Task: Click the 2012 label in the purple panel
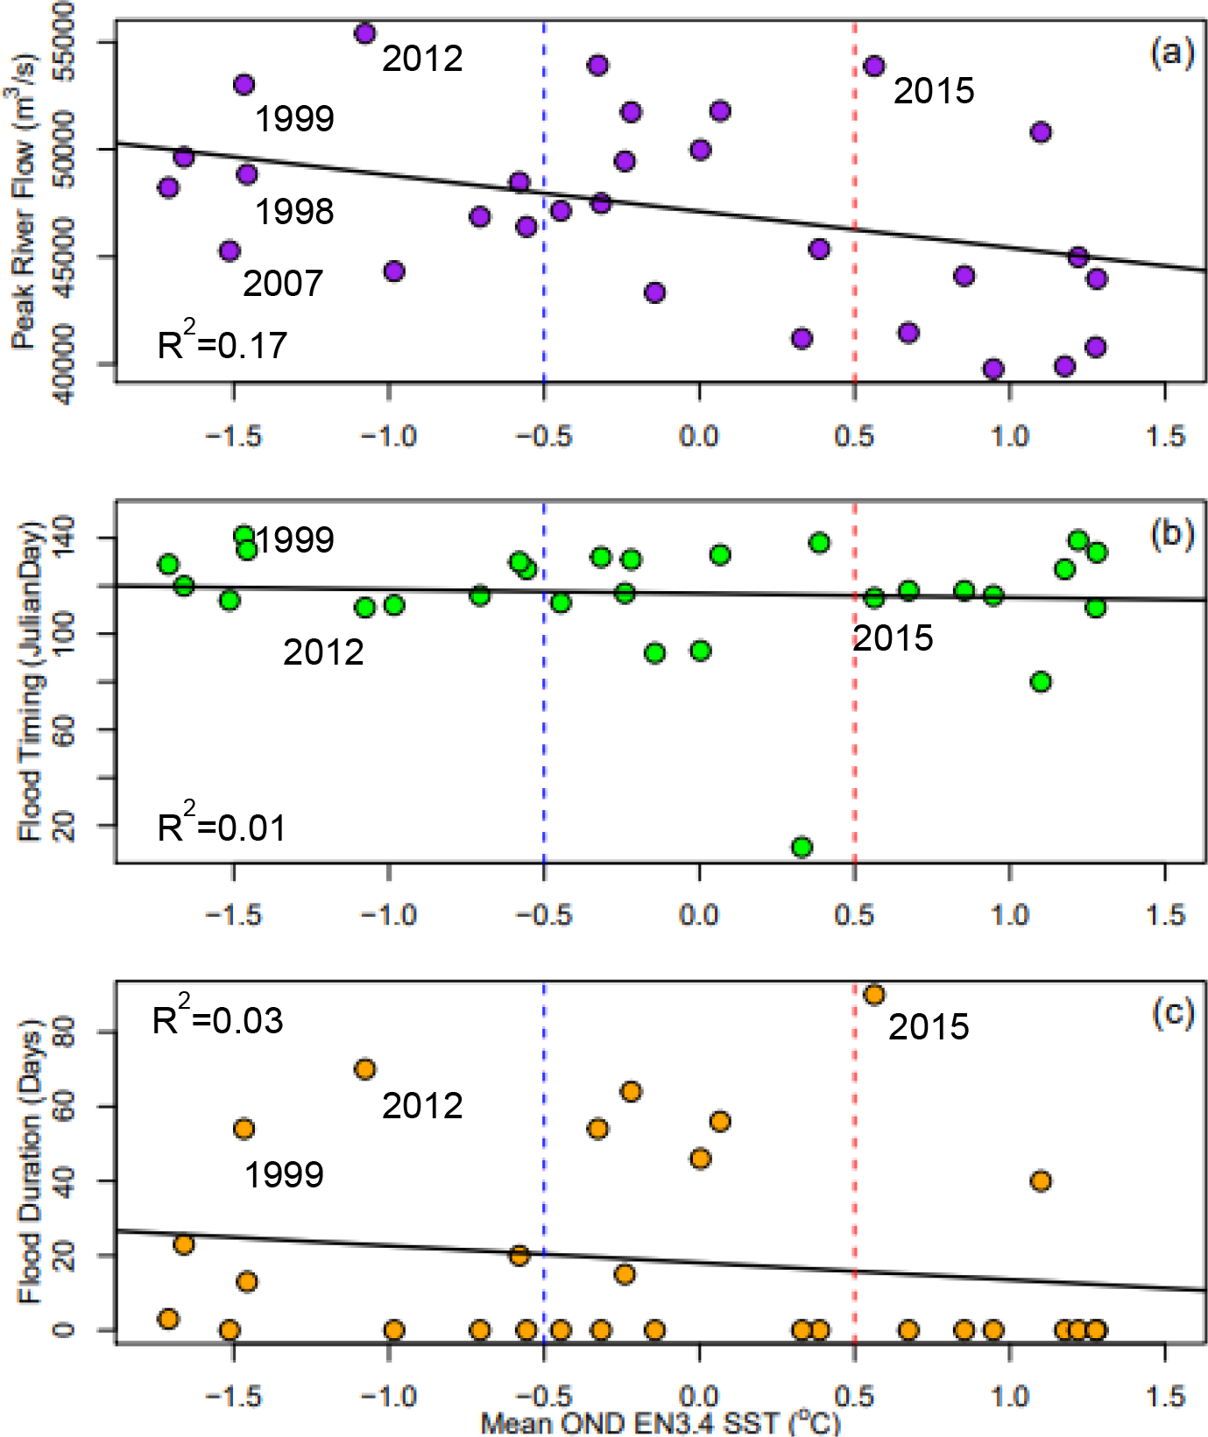(x=422, y=59)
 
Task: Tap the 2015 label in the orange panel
(x=929, y=1027)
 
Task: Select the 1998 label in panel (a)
(x=294, y=212)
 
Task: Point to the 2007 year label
(x=283, y=284)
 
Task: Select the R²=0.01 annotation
(x=222, y=826)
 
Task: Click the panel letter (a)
(x=1172, y=53)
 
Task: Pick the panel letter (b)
(x=1172, y=533)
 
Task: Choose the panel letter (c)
(x=1172, y=1012)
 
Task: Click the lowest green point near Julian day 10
(x=802, y=847)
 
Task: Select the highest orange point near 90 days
(x=873, y=995)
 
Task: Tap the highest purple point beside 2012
(x=365, y=33)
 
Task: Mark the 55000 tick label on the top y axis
(x=64, y=41)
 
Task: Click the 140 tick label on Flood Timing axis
(x=64, y=538)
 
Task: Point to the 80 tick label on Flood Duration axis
(x=64, y=1032)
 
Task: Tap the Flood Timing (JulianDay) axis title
(x=30, y=681)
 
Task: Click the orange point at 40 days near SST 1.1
(x=1040, y=1181)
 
